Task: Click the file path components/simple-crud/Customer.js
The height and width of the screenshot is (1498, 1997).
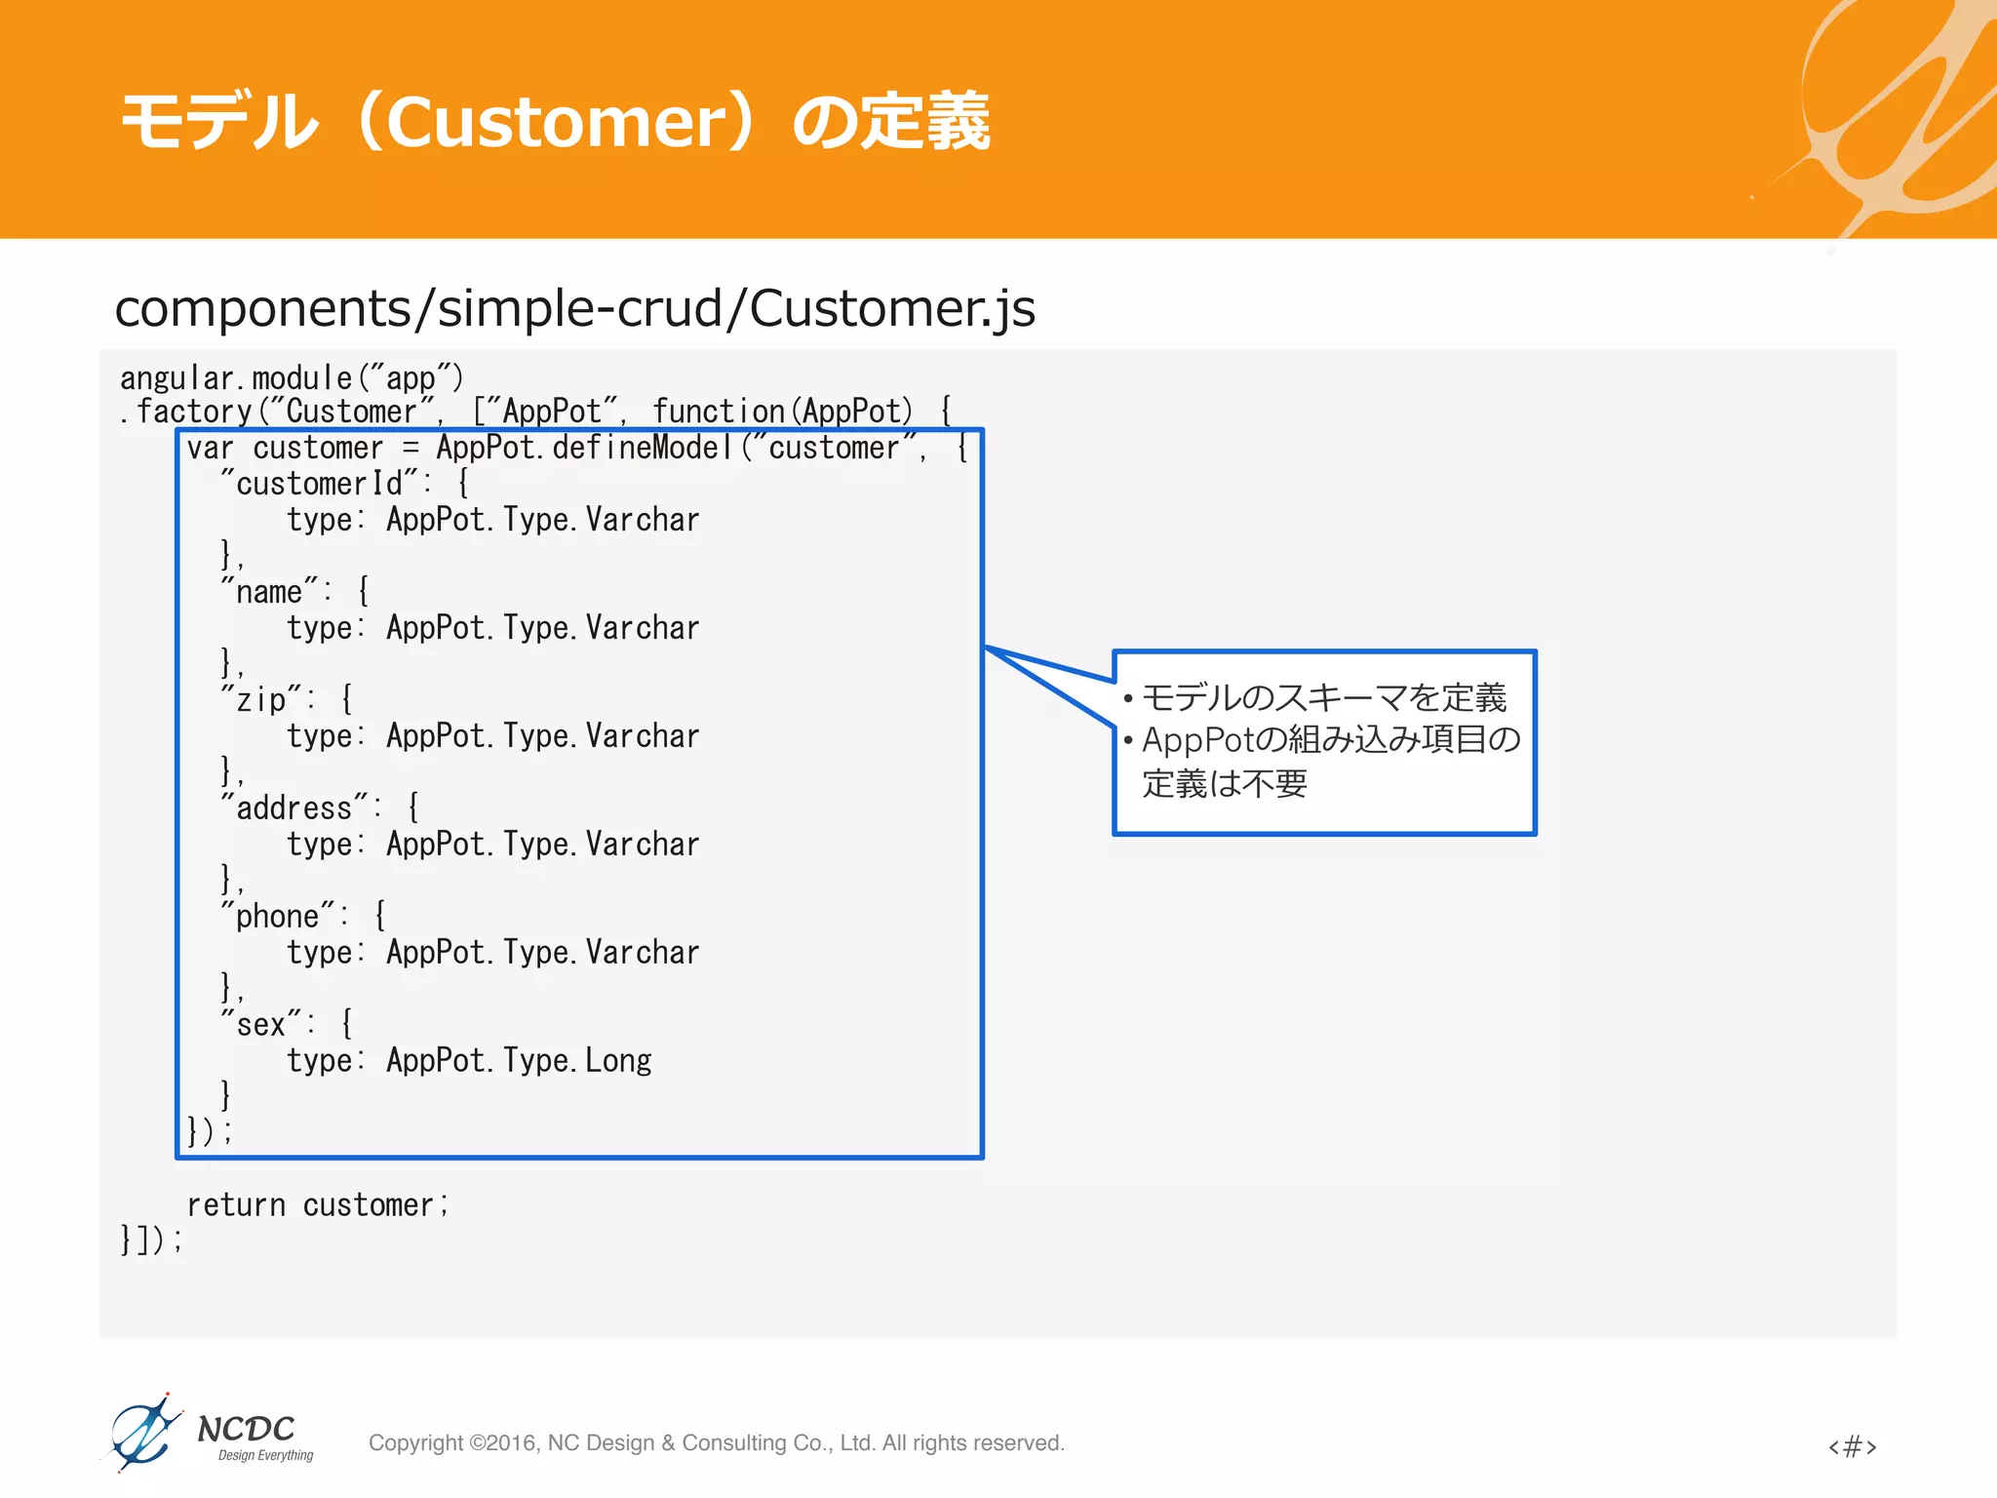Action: pyautogui.click(x=574, y=308)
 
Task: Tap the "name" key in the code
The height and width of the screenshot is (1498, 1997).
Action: pyautogui.click(x=270, y=592)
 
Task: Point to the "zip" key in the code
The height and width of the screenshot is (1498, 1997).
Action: pyautogui.click(x=261, y=700)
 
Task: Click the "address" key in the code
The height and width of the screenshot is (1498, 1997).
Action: pyautogui.click(x=294, y=808)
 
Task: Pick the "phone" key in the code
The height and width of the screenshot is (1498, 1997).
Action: pyautogui.click(x=278, y=917)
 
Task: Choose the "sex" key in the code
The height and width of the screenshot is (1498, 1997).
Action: pyautogui.click(x=261, y=1025)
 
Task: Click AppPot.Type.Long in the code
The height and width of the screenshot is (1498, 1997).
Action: pyautogui.click(x=519, y=1061)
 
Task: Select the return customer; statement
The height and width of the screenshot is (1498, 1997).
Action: pyautogui.click(x=317, y=1205)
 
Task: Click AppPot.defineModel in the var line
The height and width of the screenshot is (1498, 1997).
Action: pyautogui.click(x=584, y=449)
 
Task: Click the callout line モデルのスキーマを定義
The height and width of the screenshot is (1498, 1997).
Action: pyautogui.click(x=1323, y=698)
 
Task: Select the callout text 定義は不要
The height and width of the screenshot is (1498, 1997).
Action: pyautogui.click(x=1225, y=784)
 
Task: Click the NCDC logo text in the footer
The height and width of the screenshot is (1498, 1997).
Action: pyautogui.click(x=246, y=1430)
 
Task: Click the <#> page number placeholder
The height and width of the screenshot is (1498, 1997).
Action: pyautogui.click(x=1852, y=1446)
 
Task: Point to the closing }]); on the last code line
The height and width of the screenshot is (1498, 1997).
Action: pyautogui.click(x=151, y=1241)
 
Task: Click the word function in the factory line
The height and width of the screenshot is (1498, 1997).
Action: pyautogui.click(x=719, y=413)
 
